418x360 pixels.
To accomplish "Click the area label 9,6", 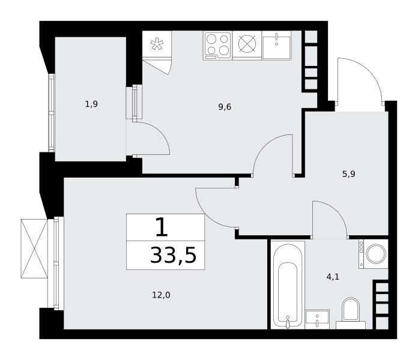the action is coord(225,107).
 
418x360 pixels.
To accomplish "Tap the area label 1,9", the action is coord(91,104).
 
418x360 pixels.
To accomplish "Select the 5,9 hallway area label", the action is coord(349,174).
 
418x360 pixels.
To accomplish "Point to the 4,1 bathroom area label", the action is coord(333,277).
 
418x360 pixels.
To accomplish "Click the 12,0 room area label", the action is coord(161,295).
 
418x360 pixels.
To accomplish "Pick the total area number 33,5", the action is coord(174,255).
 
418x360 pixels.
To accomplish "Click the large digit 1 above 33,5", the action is coord(162,227).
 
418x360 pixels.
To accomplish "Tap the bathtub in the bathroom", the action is coord(288,284).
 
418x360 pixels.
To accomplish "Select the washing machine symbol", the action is coord(374,253).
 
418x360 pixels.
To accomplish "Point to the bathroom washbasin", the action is coord(317,319).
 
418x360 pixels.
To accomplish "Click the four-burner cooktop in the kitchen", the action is coord(217,46).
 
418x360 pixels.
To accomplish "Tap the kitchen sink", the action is coord(276,45).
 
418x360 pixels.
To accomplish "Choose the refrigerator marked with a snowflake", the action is coord(157,44).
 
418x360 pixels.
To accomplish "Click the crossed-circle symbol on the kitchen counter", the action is coord(247,44).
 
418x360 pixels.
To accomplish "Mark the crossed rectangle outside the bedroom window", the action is coord(34,248).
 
